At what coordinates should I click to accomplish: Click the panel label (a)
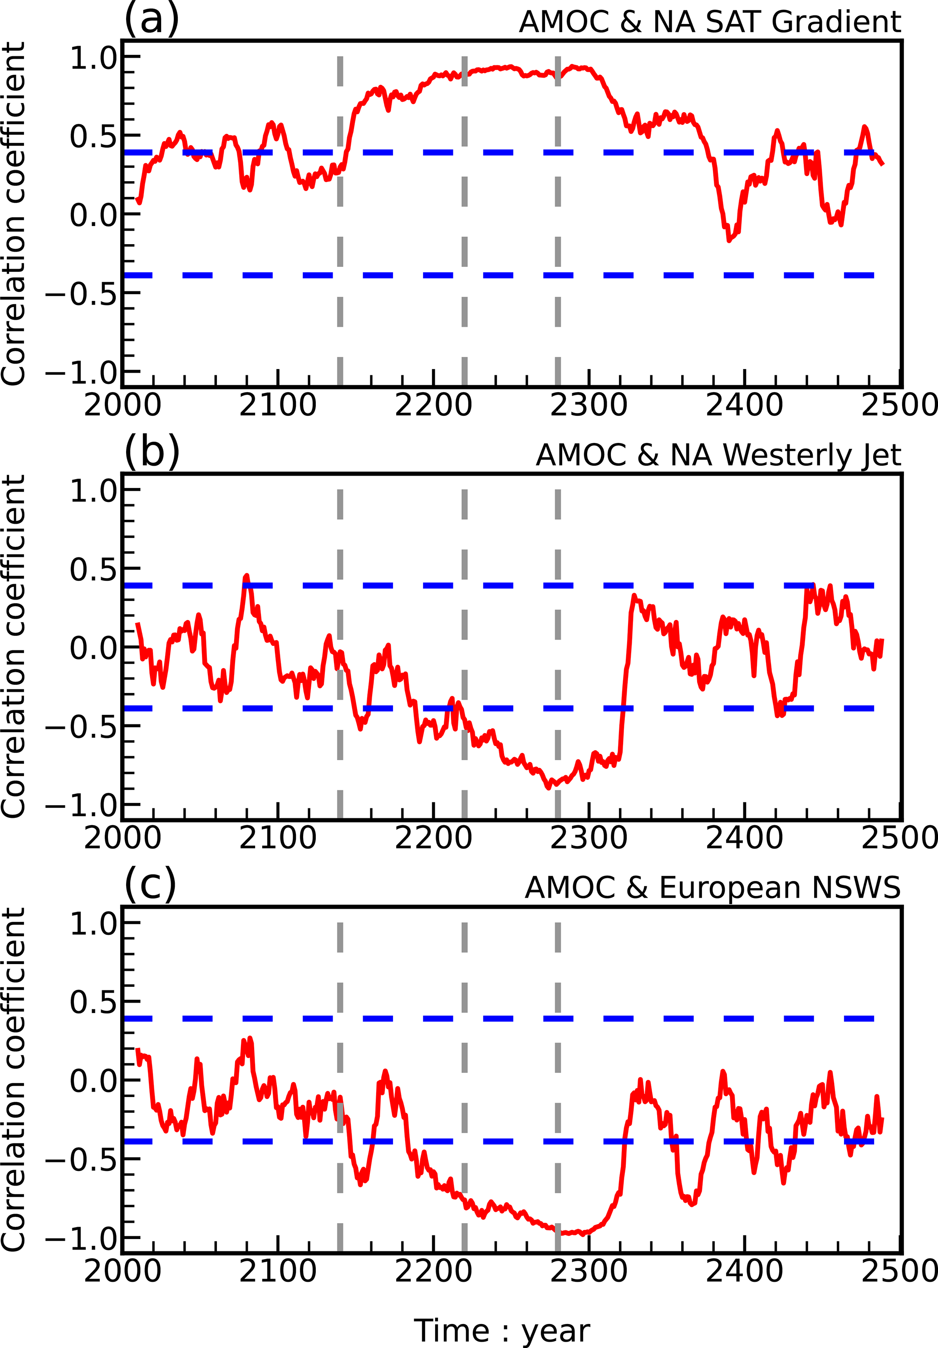[152, 20]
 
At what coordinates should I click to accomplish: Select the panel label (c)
[150, 886]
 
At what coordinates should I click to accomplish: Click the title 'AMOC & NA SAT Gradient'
[710, 22]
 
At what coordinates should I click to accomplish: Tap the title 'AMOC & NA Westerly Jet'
[718, 455]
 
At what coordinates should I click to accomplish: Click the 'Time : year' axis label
[502, 1330]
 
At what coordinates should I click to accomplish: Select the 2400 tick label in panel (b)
[744, 838]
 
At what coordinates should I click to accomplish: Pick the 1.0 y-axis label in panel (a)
[94, 58]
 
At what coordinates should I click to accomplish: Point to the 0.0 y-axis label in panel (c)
[94, 1081]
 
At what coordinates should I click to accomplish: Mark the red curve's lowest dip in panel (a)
[729, 240]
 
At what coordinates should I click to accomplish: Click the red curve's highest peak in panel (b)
[246, 576]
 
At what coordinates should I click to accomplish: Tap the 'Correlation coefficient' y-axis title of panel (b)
[14, 646]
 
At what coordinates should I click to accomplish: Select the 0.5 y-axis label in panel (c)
[94, 1002]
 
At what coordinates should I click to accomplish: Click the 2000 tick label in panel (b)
[122, 838]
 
